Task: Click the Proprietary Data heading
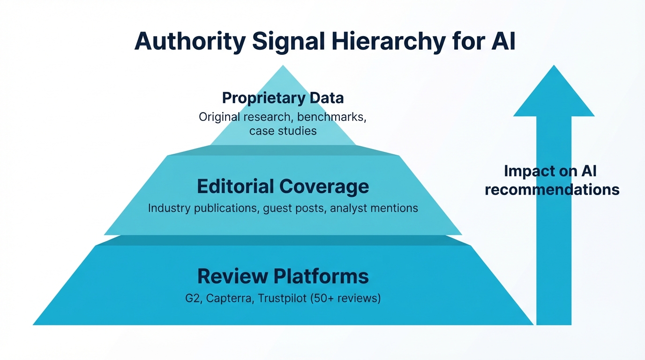pyautogui.click(x=283, y=98)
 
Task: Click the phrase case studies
pyautogui.click(x=283, y=131)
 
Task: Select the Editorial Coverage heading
pyautogui.click(x=283, y=187)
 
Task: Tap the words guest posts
pyautogui.click(x=294, y=208)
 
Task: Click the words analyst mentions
pyautogui.click(x=374, y=208)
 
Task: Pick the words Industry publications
pyautogui.click(x=203, y=208)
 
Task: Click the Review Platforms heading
pyautogui.click(x=283, y=276)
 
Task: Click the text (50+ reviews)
pyautogui.click(x=345, y=298)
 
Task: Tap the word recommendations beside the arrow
pyautogui.click(x=552, y=190)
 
